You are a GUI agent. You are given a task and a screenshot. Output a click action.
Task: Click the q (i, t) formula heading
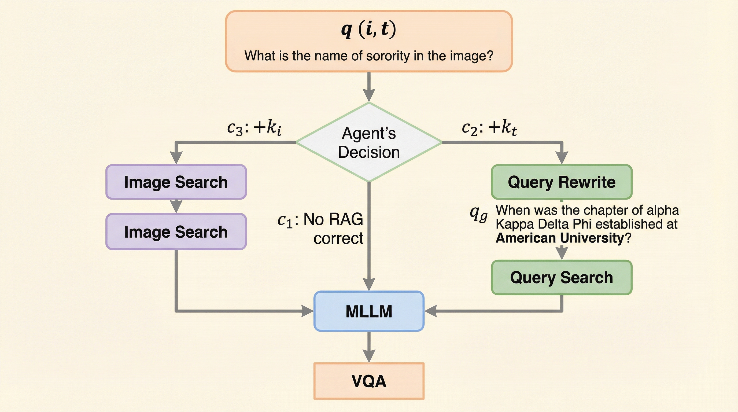click(368, 29)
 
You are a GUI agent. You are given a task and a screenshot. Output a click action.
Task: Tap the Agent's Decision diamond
click(369, 142)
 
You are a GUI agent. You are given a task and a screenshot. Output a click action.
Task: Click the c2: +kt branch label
click(489, 127)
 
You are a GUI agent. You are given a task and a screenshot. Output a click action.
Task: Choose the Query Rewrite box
click(562, 182)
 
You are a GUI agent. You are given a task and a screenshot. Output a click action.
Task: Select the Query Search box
click(562, 277)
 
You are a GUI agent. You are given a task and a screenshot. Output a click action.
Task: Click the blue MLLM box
click(369, 311)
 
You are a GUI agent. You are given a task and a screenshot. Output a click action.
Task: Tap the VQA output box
click(369, 381)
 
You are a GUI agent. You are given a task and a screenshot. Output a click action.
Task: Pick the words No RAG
click(333, 219)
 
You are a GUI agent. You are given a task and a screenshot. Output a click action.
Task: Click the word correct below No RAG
click(338, 238)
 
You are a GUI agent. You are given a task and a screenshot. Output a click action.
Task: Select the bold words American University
click(559, 238)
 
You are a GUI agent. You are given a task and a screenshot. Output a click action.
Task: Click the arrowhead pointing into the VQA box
click(369, 356)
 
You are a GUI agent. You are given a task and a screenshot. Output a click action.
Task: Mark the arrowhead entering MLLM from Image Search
click(308, 311)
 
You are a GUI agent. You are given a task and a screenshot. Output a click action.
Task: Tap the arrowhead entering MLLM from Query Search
click(431, 311)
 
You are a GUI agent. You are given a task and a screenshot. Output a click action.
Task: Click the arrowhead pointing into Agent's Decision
click(369, 95)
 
